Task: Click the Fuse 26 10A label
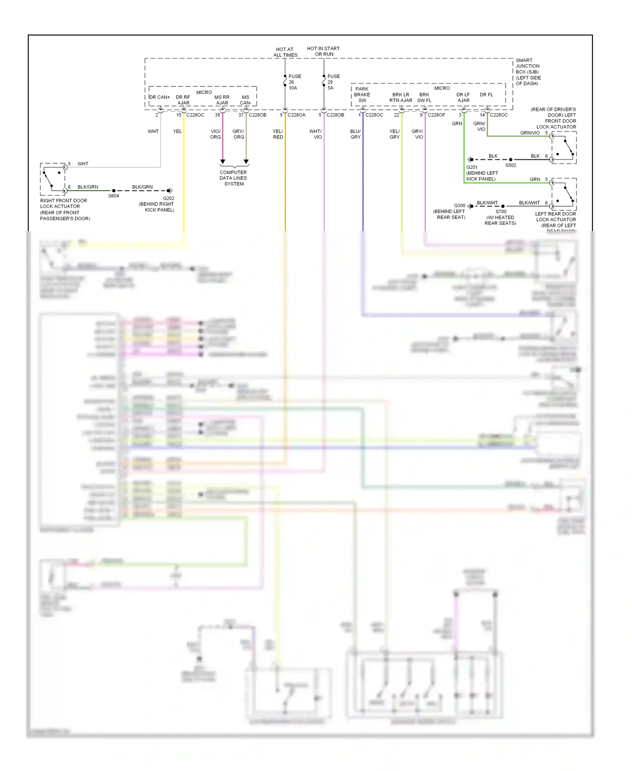294,82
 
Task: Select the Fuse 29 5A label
333,82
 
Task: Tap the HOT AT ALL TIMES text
285,52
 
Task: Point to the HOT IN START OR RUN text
323,51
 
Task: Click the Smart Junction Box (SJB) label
528,72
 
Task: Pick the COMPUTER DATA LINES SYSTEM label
233,178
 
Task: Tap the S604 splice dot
114,191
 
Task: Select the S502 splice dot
511,160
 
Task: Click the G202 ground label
169,198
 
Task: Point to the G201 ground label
472,167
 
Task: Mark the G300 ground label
459,206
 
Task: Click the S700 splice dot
503,206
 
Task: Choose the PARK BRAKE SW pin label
362,94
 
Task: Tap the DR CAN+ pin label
160,97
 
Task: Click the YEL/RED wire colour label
278,134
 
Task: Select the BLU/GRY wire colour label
355,134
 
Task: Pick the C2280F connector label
436,115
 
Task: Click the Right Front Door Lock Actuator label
64,209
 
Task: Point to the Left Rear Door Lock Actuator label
555,220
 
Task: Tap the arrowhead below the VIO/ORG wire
223,162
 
